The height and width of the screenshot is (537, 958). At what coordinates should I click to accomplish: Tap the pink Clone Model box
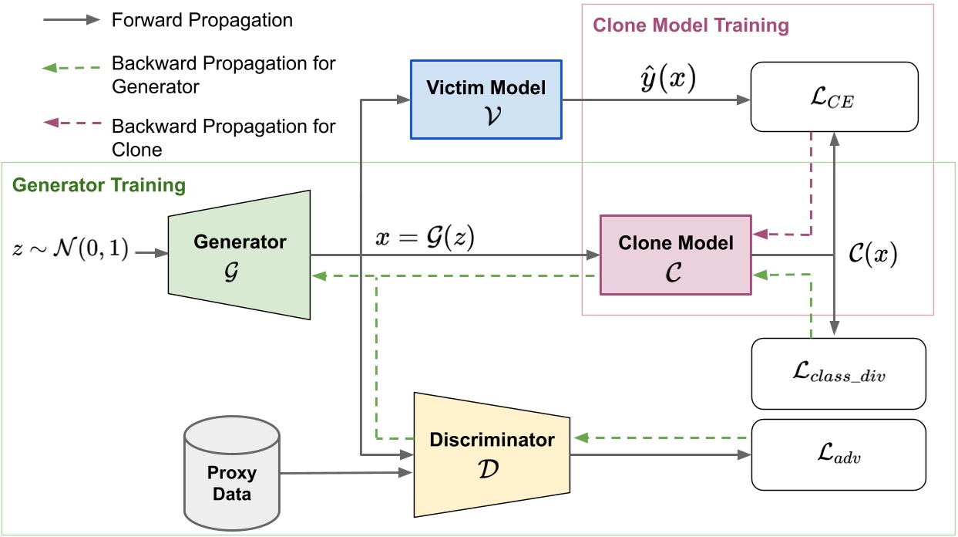click(x=676, y=254)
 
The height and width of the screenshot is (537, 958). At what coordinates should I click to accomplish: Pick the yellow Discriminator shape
click(x=492, y=451)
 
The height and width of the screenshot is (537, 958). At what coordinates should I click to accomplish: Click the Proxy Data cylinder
click(x=231, y=473)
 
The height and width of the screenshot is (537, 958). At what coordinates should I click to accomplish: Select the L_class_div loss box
click(x=837, y=374)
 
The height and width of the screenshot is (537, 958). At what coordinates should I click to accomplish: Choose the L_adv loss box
click(x=837, y=454)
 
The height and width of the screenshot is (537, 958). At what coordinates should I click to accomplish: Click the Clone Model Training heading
click(x=691, y=25)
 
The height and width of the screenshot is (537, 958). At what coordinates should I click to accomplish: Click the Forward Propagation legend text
click(x=202, y=20)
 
